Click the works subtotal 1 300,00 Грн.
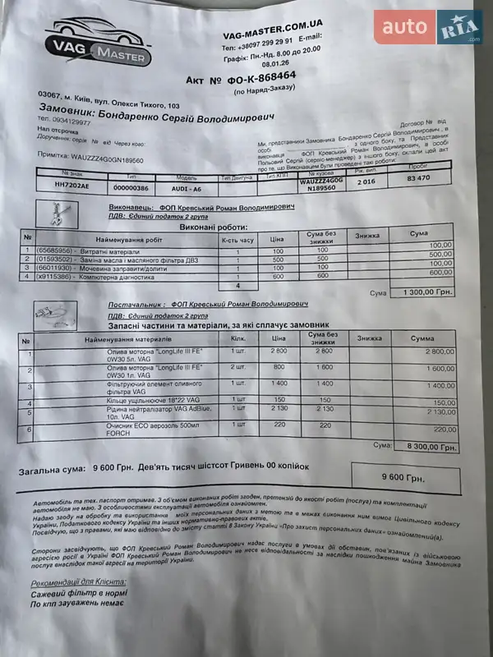(423, 292)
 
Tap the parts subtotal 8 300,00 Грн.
(425, 448)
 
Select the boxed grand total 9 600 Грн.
(403, 477)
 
